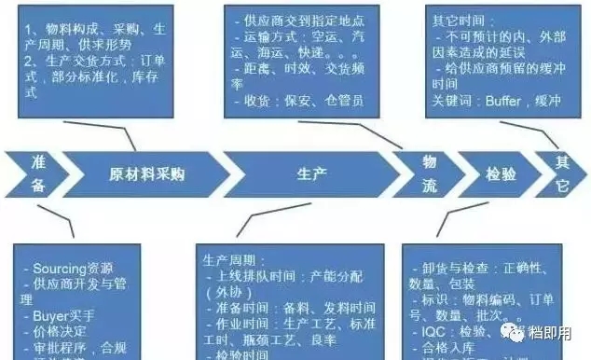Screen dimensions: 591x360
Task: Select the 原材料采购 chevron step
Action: coord(146,173)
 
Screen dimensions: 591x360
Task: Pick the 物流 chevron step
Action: coord(429,174)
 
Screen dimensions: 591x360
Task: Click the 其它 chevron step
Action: coord(562,174)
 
